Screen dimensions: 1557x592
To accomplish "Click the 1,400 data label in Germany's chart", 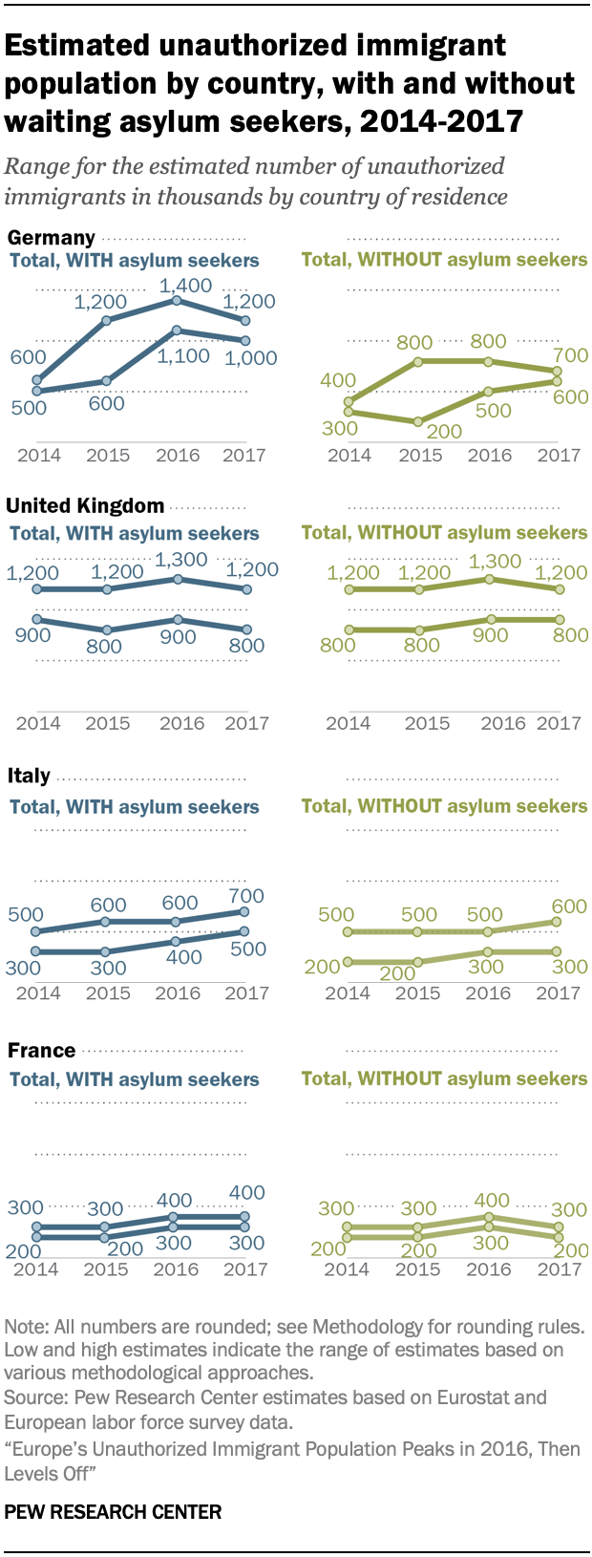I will [x=185, y=285].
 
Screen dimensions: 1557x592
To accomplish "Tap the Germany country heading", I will [x=51, y=237].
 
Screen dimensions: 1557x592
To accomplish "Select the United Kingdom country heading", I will [x=85, y=506].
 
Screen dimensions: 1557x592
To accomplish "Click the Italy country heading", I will [x=29, y=776].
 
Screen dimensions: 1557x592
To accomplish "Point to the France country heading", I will [x=41, y=1050].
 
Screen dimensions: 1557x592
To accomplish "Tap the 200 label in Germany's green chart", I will [x=444, y=431].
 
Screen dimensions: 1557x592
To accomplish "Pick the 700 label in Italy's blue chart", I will [x=246, y=896].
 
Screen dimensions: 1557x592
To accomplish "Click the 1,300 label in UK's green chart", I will [x=496, y=561].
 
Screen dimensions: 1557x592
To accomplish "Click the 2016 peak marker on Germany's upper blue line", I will [x=177, y=300].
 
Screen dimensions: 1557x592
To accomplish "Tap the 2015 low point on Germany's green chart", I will [x=417, y=421].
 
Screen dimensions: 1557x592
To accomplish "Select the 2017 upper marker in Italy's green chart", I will [x=558, y=921].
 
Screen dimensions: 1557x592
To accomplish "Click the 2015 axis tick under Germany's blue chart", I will [x=108, y=455].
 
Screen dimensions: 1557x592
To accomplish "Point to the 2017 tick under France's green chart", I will [x=560, y=1269].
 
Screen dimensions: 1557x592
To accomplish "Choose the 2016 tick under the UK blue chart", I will [x=181, y=723].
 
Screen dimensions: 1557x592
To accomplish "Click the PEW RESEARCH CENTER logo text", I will [x=113, y=1512].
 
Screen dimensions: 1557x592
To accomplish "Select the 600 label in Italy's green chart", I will [x=569, y=906].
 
